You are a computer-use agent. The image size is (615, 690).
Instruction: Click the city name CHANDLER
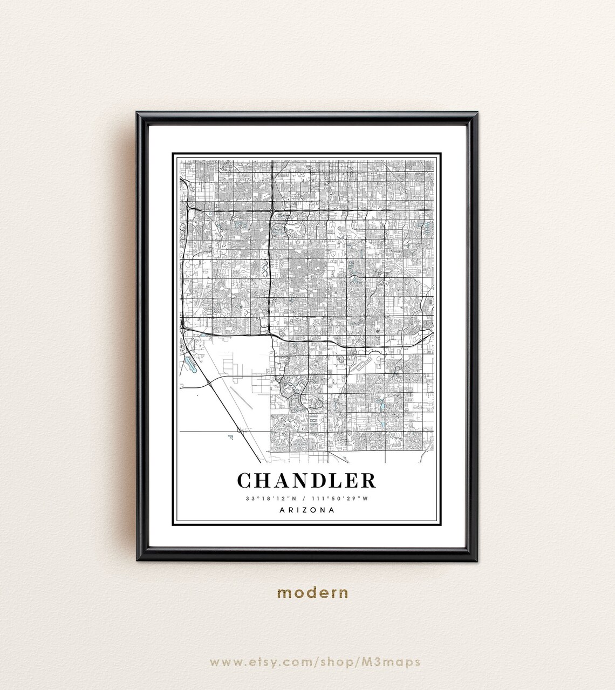click(306, 481)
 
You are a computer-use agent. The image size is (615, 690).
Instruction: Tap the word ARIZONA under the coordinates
click(306, 509)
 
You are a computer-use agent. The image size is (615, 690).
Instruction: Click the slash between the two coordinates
click(305, 498)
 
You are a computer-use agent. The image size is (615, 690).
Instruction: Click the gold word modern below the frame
click(313, 593)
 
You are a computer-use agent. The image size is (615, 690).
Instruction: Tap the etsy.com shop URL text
click(315, 661)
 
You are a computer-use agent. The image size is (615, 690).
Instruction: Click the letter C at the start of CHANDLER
click(244, 481)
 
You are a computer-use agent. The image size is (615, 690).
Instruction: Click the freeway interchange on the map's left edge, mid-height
click(184, 326)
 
